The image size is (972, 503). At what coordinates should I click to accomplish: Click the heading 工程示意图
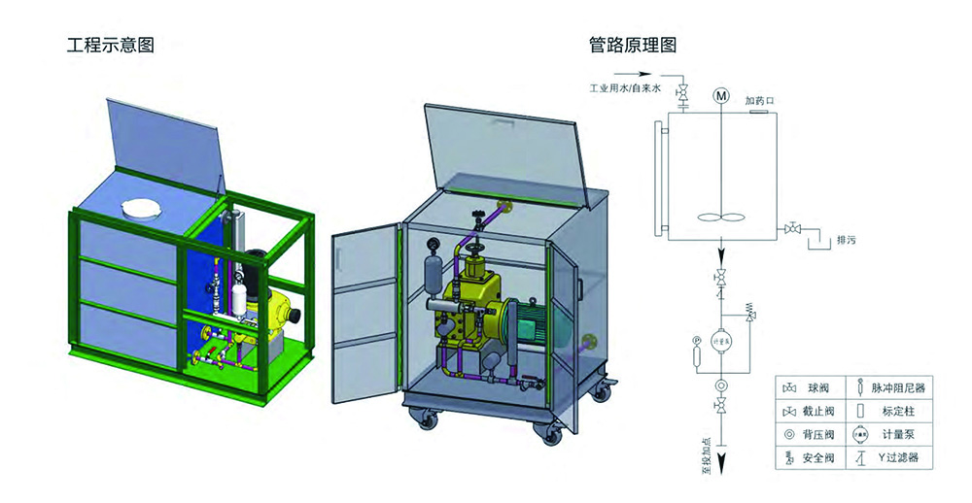tap(110, 45)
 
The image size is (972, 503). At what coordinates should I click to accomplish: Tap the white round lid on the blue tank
tap(141, 208)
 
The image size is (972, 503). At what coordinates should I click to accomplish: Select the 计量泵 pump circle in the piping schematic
tap(720, 342)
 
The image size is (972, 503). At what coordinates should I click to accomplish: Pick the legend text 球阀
tap(816, 387)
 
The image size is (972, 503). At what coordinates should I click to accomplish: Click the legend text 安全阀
tap(816, 457)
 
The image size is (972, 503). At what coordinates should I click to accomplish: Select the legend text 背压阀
tap(816, 434)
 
